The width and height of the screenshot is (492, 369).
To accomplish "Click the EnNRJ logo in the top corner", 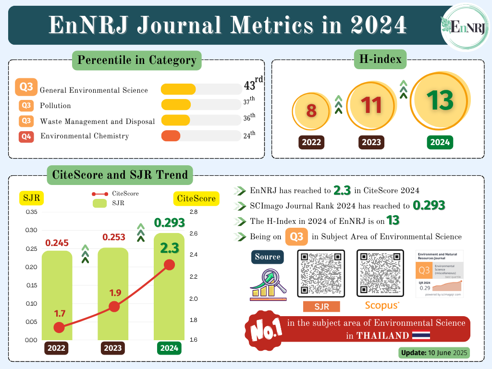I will coord(465,27).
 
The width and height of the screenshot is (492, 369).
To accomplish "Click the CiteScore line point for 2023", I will coord(114,307).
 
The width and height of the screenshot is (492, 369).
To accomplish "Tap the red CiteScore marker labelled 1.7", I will coord(59,327).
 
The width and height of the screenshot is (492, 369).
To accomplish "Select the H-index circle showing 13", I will coord(440,100).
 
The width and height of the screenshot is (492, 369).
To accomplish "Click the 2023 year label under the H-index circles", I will coord(371,142).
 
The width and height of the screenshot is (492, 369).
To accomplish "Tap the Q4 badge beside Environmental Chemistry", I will coord(26,136).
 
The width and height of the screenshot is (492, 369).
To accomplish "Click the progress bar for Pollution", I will coord(201,105).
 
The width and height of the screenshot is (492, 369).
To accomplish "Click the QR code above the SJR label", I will coord(321,274).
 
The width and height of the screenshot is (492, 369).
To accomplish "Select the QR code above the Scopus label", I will coord(380,274).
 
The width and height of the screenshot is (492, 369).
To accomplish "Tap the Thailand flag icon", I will coord(421,335).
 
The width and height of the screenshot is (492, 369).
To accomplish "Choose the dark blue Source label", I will coord(268,257).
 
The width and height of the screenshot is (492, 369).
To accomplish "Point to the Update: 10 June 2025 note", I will coord(434,353).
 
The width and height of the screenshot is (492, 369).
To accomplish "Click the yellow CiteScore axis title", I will coord(196,198).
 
